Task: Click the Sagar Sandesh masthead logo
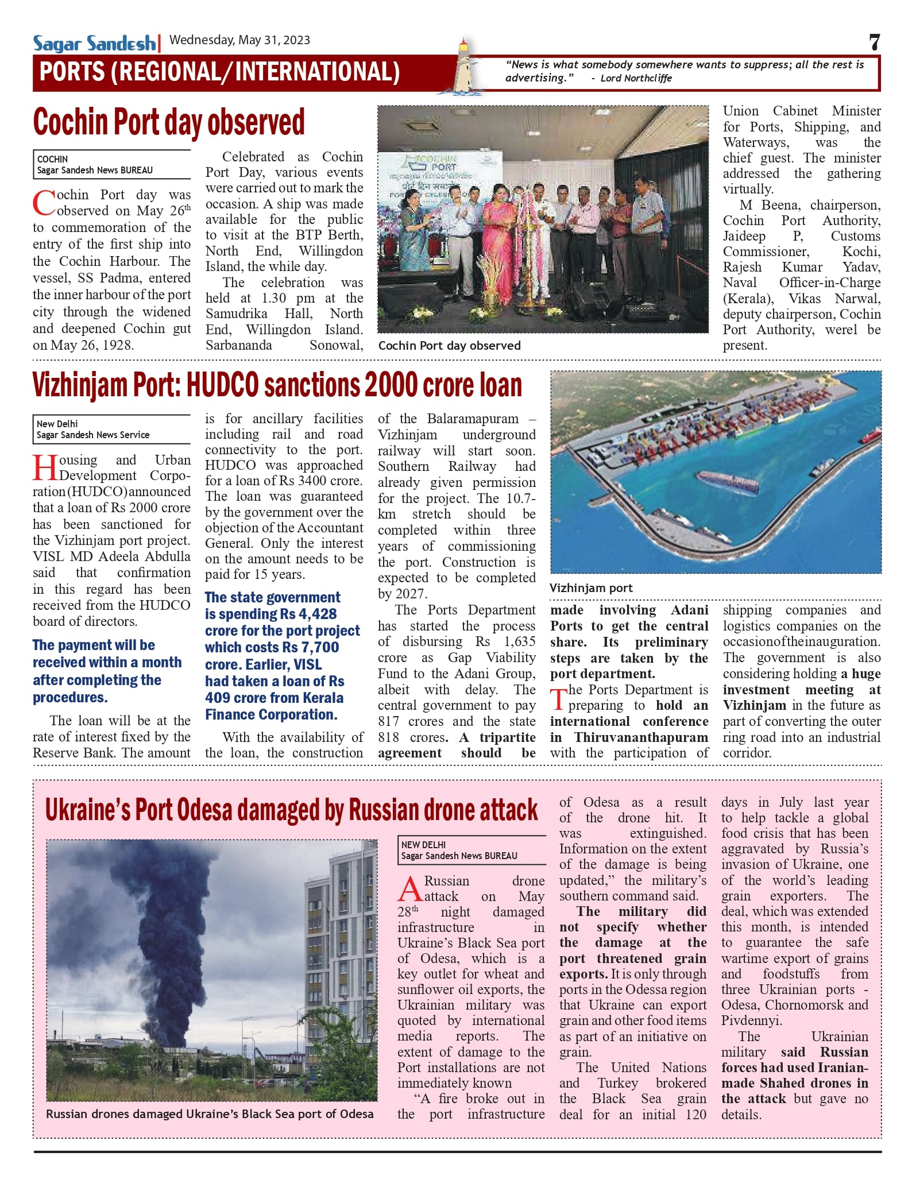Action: tap(94, 44)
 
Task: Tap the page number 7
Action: tap(874, 43)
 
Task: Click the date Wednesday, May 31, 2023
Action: tap(239, 40)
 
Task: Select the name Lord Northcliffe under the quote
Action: tap(636, 79)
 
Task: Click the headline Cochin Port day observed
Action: tap(169, 122)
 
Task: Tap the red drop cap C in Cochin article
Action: tap(44, 204)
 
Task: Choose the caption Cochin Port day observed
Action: tap(449, 346)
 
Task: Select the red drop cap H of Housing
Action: tap(44, 467)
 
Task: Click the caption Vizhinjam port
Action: tap(591, 588)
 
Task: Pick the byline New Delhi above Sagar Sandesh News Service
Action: tap(57, 424)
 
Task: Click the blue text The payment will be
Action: tap(94, 645)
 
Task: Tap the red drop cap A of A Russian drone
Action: tap(409, 889)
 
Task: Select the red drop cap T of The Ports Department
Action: tap(558, 698)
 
